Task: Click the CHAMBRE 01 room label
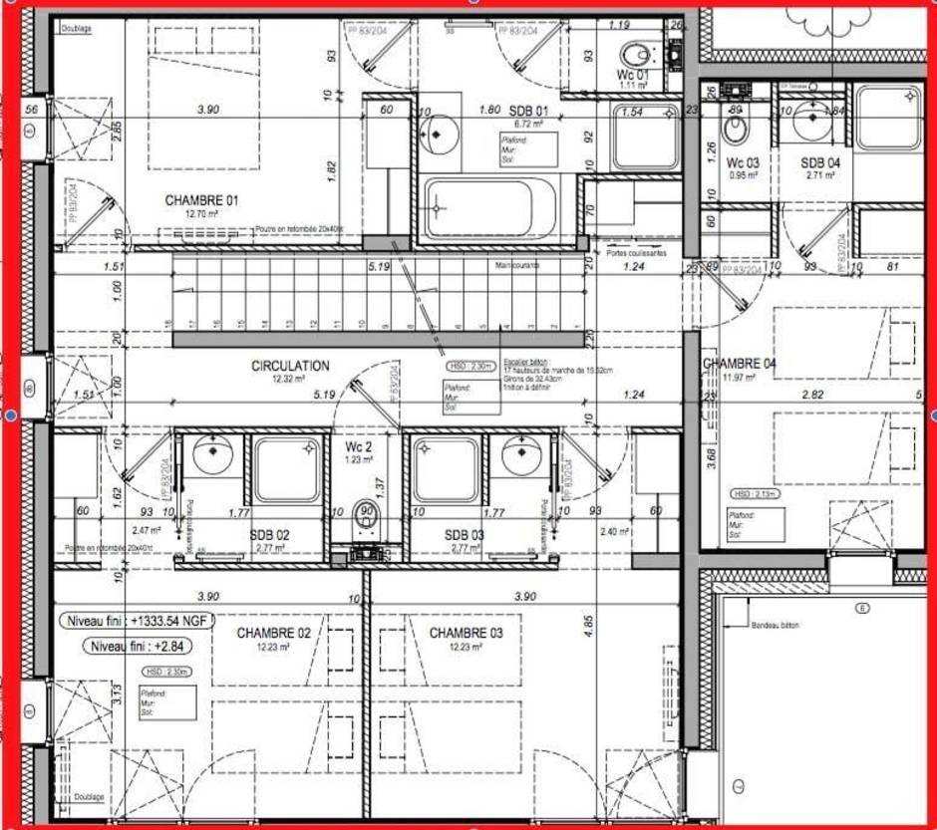pos(201,200)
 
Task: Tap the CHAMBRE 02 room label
pos(273,633)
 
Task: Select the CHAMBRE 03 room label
pos(466,633)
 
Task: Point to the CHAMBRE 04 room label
pos(740,364)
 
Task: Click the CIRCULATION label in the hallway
pos(290,366)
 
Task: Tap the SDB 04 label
pos(819,162)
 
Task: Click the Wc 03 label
pos(742,162)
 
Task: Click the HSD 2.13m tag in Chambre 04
pos(755,493)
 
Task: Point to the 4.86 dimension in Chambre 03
pos(589,627)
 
